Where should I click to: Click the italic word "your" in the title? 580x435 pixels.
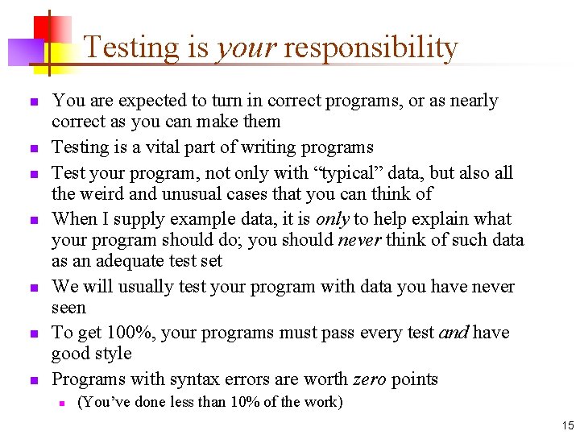(x=245, y=48)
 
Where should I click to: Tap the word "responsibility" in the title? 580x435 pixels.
(x=371, y=48)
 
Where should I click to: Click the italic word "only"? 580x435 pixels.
(x=332, y=219)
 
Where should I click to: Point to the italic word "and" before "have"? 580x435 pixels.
(x=454, y=333)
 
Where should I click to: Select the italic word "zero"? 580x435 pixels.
(x=371, y=379)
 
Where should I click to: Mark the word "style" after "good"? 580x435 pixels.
(x=114, y=354)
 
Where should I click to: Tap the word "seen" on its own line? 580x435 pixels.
(x=68, y=308)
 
